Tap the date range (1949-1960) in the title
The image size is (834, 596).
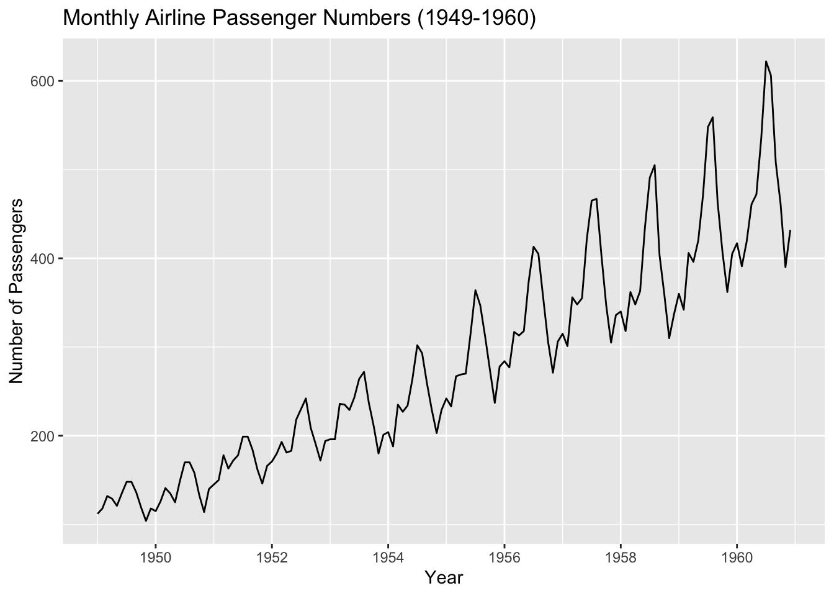coord(476,19)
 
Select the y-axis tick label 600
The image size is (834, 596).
coord(43,81)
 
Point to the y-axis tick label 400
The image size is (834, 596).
coord(43,258)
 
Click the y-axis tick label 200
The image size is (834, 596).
coord(43,436)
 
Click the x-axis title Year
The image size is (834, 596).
coord(444,578)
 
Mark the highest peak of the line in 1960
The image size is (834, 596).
coord(766,61)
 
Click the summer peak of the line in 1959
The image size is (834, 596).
coord(712,117)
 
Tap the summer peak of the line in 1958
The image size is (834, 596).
coord(655,165)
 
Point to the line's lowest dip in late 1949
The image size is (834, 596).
coord(146,521)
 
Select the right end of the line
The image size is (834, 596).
coord(790,230)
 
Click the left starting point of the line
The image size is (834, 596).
coord(97,513)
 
